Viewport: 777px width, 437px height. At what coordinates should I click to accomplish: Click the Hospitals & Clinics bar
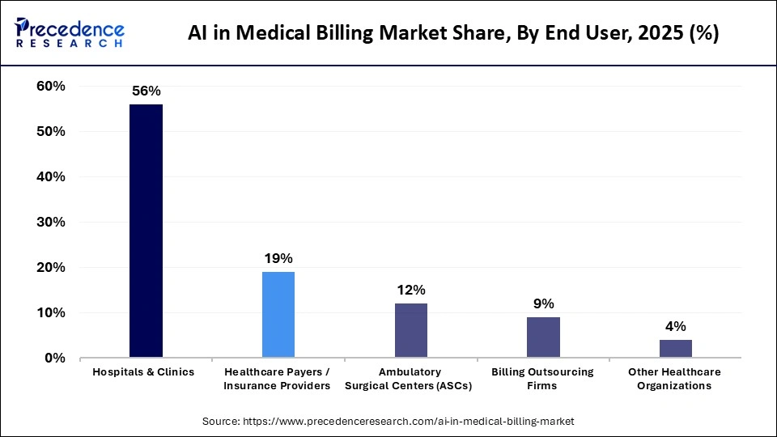pyautogui.click(x=146, y=231)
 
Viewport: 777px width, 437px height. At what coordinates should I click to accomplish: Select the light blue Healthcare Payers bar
pyautogui.click(x=278, y=314)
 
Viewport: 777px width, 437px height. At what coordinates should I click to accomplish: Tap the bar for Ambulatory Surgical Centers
pyautogui.click(x=410, y=330)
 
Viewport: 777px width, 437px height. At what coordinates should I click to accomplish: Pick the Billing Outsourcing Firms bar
pyautogui.click(x=543, y=337)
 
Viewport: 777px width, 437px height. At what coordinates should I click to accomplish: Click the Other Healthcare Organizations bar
pyautogui.click(x=675, y=348)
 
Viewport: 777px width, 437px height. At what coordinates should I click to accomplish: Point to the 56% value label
pyautogui.click(x=146, y=91)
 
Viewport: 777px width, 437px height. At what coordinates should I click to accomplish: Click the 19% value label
pyautogui.click(x=278, y=259)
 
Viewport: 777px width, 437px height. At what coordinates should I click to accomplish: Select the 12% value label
pyautogui.click(x=411, y=290)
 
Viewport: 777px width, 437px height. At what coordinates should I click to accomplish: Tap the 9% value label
pyautogui.click(x=543, y=303)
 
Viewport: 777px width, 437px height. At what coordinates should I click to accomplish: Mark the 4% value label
pyautogui.click(x=675, y=326)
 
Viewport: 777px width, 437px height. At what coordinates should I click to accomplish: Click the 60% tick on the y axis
pyautogui.click(x=51, y=86)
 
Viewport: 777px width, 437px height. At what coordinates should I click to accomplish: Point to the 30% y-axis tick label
pyautogui.click(x=51, y=222)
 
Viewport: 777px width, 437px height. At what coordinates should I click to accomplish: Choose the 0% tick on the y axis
pyautogui.click(x=55, y=358)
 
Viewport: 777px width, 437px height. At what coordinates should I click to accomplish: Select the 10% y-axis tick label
pyautogui.click(x=51, y=312)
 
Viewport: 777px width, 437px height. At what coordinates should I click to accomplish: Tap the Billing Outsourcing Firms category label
pyautogui.click(x=543, y=379)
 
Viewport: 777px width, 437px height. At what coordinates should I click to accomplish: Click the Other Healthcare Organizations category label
pyautogui.click(x=675, y=379)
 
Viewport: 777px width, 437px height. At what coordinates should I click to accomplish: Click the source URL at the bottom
pyautogui.click(x=388, y=422)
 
